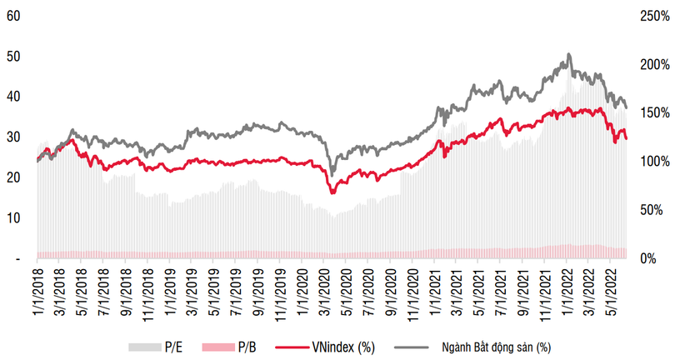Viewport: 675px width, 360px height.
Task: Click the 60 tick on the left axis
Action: [13, 16]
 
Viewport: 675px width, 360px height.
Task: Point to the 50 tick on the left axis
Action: [13, 56]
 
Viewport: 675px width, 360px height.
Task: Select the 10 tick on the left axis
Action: [13, 217]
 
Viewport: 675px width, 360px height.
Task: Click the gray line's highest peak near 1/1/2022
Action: [568, 54]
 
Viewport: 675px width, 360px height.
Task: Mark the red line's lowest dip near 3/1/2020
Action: [332, 193]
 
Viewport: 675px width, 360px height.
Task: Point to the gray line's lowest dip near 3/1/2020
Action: [332, 174]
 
